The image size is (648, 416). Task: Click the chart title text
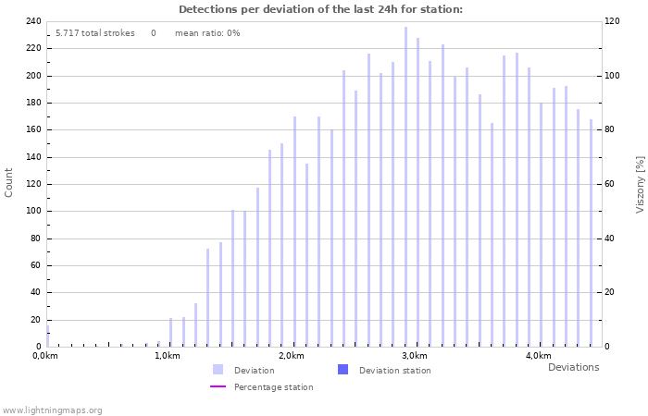[x=320, y=9]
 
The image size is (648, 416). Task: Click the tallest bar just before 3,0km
[x=405, y=185]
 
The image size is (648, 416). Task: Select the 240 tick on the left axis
[x=33, y=21]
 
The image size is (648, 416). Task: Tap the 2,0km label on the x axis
[x=292, y=356]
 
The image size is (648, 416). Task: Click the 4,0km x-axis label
[x=538, y=356]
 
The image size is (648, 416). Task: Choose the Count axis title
[x=9, y=182]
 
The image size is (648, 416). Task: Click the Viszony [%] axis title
[x=640, y=184]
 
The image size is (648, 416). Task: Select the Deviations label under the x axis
[x=573, y=367]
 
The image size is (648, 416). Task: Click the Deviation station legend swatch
[x=343, y=370]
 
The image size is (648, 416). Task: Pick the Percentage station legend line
[x=218, y=386]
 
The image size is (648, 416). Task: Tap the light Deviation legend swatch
[x=218, y=370]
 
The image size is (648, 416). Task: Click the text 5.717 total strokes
[x=94, y=33]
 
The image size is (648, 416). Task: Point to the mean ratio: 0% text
[x=207, y=33]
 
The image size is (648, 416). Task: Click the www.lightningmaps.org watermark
[x=52, y=410]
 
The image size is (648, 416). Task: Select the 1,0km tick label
[x=167, y=356]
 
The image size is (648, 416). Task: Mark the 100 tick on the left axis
[x=33, y=211]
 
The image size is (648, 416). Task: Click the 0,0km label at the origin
[x=44, y=356]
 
